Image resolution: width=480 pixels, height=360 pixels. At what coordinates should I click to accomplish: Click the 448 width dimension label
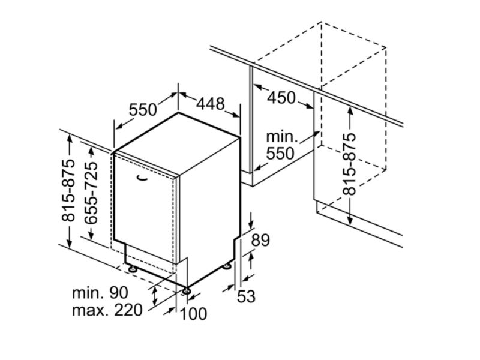point(211,104)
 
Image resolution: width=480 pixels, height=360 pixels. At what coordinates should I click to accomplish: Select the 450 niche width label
point(281,97)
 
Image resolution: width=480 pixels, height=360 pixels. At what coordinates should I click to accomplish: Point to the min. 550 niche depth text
point(281,145)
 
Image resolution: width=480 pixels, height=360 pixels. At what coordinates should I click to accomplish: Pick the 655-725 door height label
point(91,193)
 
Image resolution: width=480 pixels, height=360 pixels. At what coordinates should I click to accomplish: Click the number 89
point(260,241)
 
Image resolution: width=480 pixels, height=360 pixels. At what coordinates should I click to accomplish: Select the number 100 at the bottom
point(193,313)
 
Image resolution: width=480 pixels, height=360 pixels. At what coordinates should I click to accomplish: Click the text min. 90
point(100,293)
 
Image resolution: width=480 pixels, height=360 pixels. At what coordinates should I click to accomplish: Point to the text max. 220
point(107,310)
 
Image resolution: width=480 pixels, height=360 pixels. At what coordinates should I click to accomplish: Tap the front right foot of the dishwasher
point(187,292)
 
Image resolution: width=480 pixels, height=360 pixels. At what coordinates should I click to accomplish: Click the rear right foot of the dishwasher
point(227,266)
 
